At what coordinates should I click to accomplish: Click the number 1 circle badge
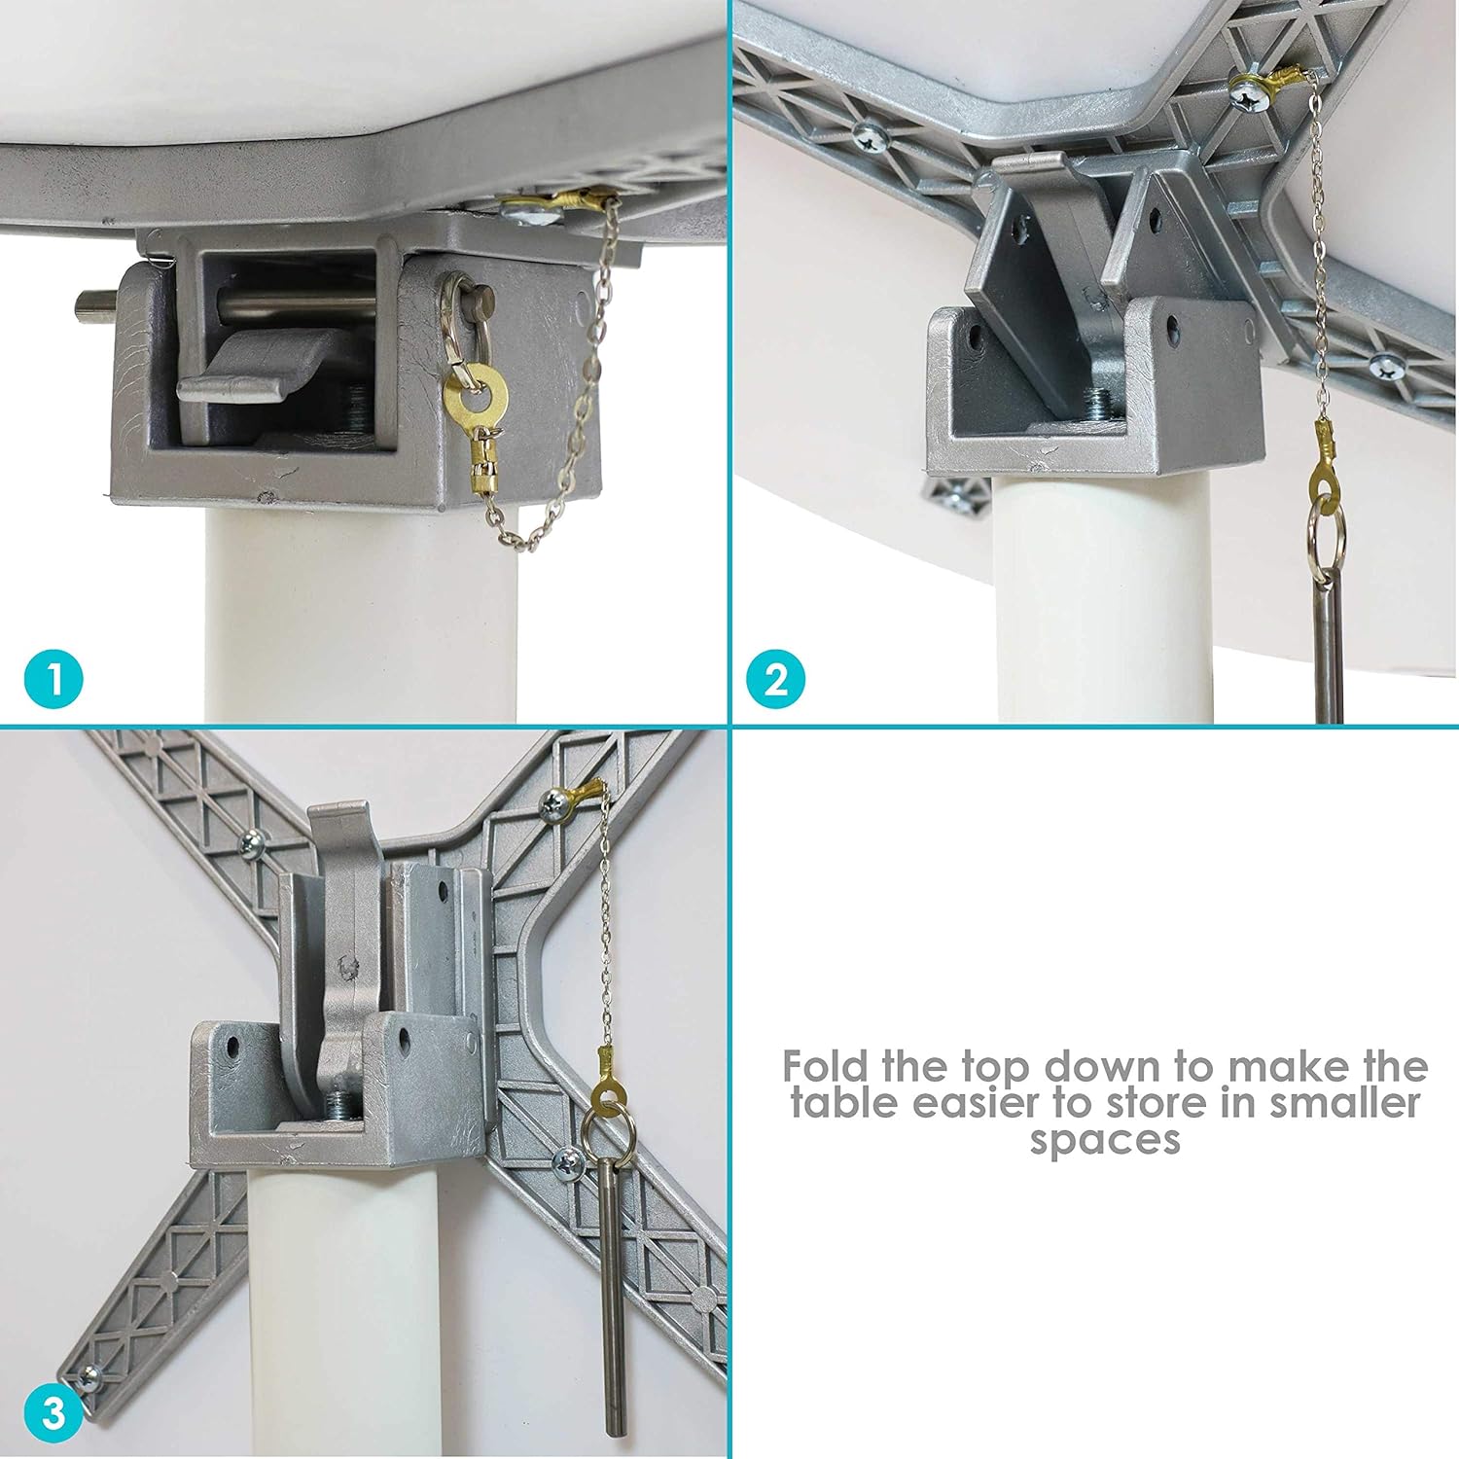click(54, 679)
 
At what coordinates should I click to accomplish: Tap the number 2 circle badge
click(775, 679)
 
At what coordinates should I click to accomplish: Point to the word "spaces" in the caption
click(1105, 1140)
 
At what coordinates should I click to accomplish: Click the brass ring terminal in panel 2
click(1324, 465)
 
